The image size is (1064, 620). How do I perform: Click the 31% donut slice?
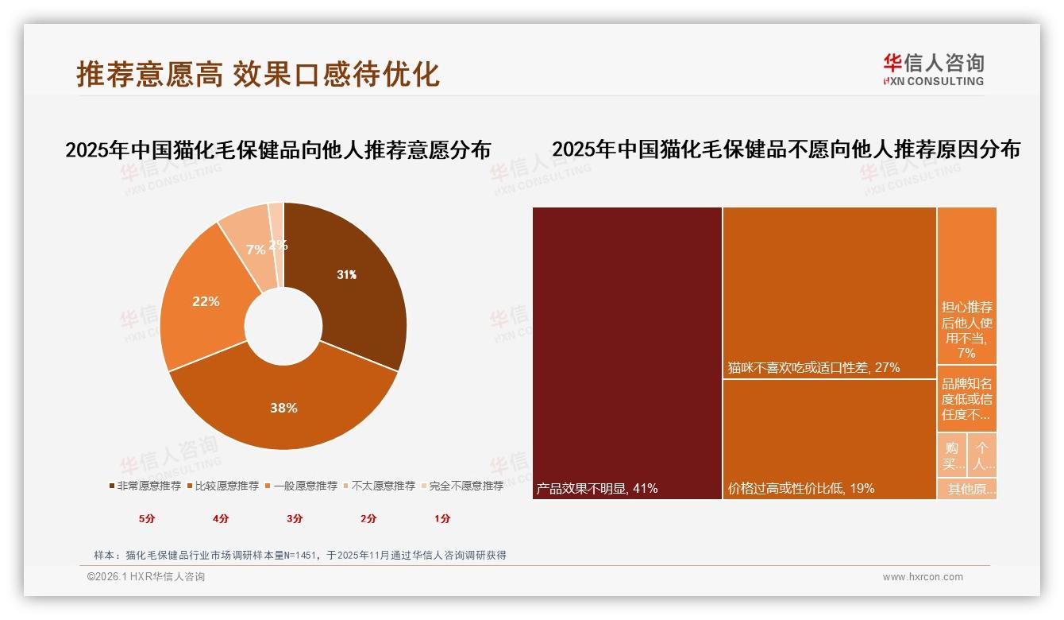(349, 278)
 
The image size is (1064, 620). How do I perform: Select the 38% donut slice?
(283, 405)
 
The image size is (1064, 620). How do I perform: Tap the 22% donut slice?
(205, 302)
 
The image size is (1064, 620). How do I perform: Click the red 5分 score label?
(147, 518)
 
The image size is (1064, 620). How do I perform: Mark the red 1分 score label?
(442, 518)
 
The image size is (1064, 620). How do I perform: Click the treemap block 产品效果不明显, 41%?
(627, 353)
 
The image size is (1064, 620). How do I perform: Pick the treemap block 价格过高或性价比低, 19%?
(830, 439)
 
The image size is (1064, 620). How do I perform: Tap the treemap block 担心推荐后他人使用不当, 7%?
(966, 286)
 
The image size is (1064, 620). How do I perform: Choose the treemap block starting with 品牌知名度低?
(966, 398)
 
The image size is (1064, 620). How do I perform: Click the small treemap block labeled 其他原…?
(966, 489)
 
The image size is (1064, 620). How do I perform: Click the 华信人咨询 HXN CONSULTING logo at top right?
(933, 69)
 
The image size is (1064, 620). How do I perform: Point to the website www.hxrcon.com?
(923, 577)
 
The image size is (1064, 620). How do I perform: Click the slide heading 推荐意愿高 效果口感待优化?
(258, 74)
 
